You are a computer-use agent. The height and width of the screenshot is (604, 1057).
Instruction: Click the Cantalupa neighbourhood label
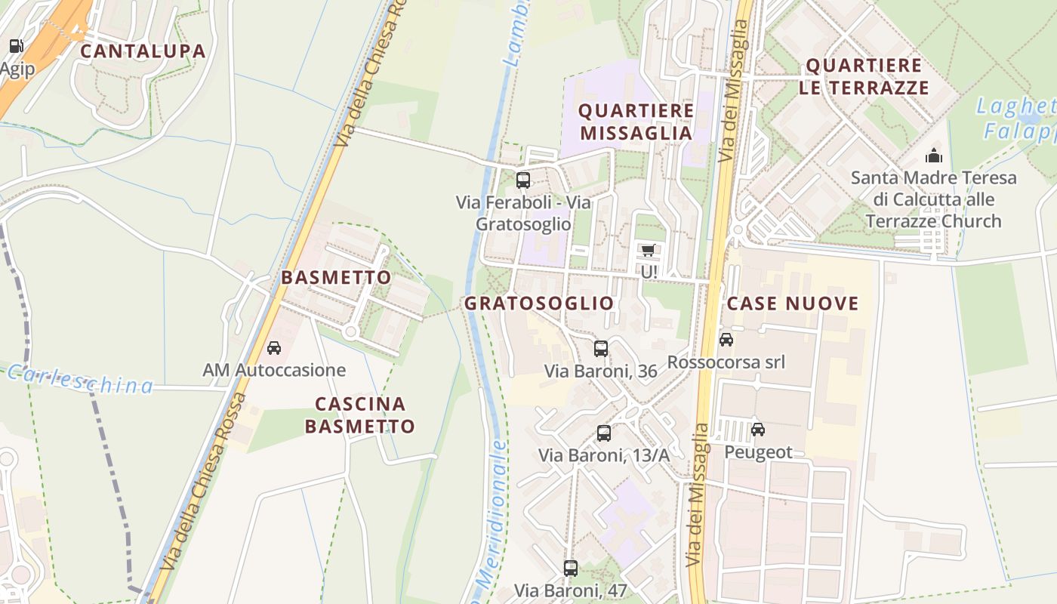pos(143,51)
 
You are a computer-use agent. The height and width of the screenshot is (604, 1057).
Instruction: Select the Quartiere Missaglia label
pos(636,122)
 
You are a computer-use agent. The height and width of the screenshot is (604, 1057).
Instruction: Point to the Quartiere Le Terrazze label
pos(864,76)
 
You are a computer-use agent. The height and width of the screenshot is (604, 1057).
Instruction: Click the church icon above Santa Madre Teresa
pos(934,156)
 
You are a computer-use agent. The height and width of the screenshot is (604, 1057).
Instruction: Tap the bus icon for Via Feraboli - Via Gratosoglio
pos(522,180)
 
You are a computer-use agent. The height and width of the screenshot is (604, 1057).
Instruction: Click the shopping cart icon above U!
pos(648,250)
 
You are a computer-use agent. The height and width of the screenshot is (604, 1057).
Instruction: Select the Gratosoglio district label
pos(539,304)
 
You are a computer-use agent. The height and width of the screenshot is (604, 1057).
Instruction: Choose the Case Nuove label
pos(793,304)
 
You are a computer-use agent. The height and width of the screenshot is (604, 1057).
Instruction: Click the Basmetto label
pos(336,278)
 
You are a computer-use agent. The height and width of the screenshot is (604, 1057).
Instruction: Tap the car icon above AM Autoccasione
pos(274,348)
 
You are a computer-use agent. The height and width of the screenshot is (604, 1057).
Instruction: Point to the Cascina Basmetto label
pos(360,415)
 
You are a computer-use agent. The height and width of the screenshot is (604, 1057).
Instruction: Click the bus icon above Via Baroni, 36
pos(601,348)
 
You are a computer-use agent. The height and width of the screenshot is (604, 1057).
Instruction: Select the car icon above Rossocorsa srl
pos(726,340)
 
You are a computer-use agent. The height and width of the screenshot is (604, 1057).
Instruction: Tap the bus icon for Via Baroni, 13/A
pos(604,433)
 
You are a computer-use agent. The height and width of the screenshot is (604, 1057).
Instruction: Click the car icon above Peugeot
pos(758,430)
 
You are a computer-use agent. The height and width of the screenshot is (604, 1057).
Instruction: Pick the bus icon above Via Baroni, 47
pos(571,569)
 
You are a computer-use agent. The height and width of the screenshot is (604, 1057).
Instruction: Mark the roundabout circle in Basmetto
pos(350,331)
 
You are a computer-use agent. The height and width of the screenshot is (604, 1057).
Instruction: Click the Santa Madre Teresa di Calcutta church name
pos(934,200)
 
